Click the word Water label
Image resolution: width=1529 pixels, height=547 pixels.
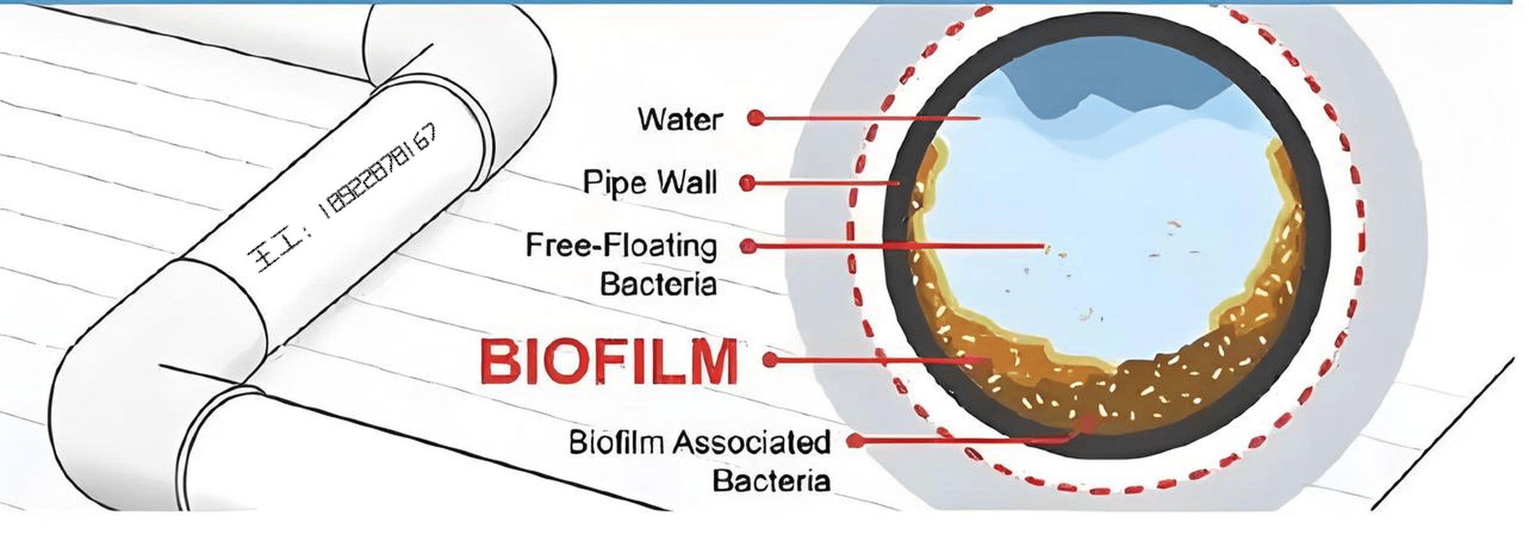[x=680, y=120]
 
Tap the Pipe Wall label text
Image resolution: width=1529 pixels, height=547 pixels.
[x=649, y=183]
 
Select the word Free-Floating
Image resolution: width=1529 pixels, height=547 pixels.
[x=621, y=246]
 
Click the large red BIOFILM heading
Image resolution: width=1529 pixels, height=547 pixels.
[x=609, y=361]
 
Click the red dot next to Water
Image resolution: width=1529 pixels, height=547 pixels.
[x=756, y=118]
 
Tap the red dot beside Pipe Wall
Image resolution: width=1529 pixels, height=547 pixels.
[x=747, y=183]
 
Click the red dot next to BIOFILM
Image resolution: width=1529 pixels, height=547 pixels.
[x=770, y=360]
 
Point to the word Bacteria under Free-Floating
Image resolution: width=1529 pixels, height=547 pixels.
[x=658, y=285]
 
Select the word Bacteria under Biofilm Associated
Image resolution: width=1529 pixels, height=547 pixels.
[x=771, y=481]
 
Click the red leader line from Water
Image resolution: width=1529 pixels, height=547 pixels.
[x=869, y=118]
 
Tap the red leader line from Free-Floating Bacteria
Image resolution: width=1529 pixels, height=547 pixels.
[x=895, y=246]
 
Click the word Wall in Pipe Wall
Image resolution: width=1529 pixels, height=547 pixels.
[x=687, y=183]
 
